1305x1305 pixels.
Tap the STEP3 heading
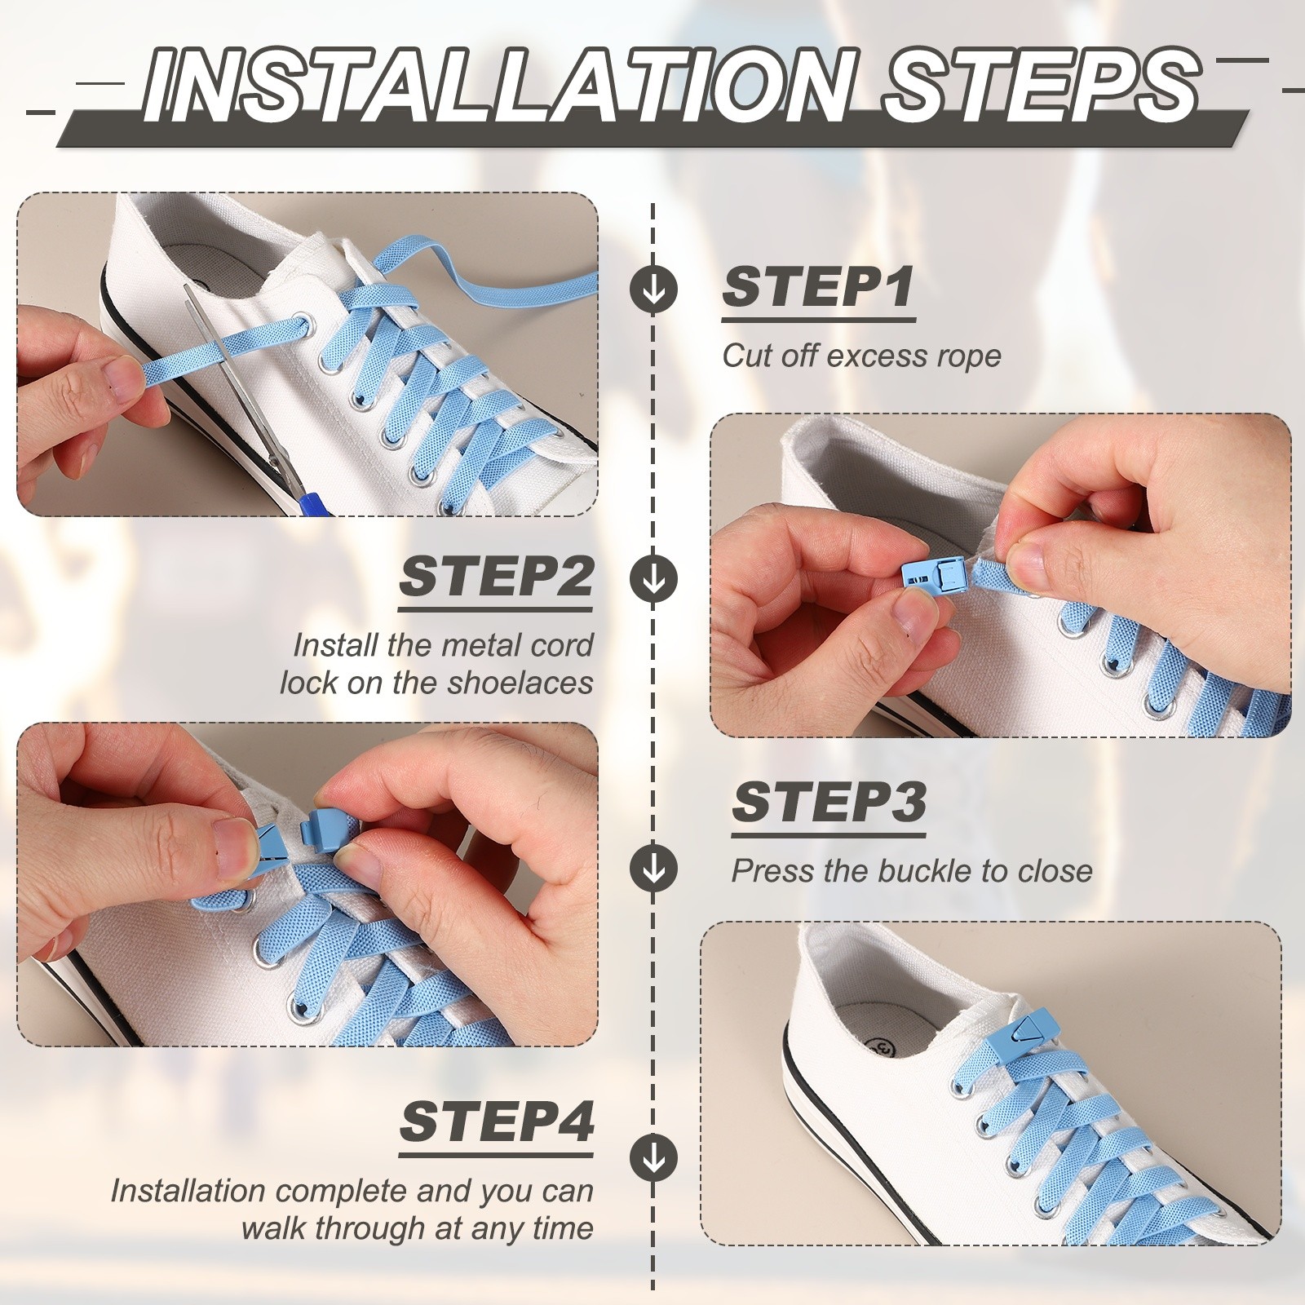[829, 803]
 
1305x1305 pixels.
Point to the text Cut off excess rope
[861, 356]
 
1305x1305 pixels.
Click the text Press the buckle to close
[911, 871]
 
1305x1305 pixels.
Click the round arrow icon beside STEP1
[653, 289]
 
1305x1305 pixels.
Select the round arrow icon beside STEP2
[653, 578]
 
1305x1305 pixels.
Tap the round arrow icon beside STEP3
[653, 868]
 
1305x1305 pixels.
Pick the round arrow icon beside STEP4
[653, 1157]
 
